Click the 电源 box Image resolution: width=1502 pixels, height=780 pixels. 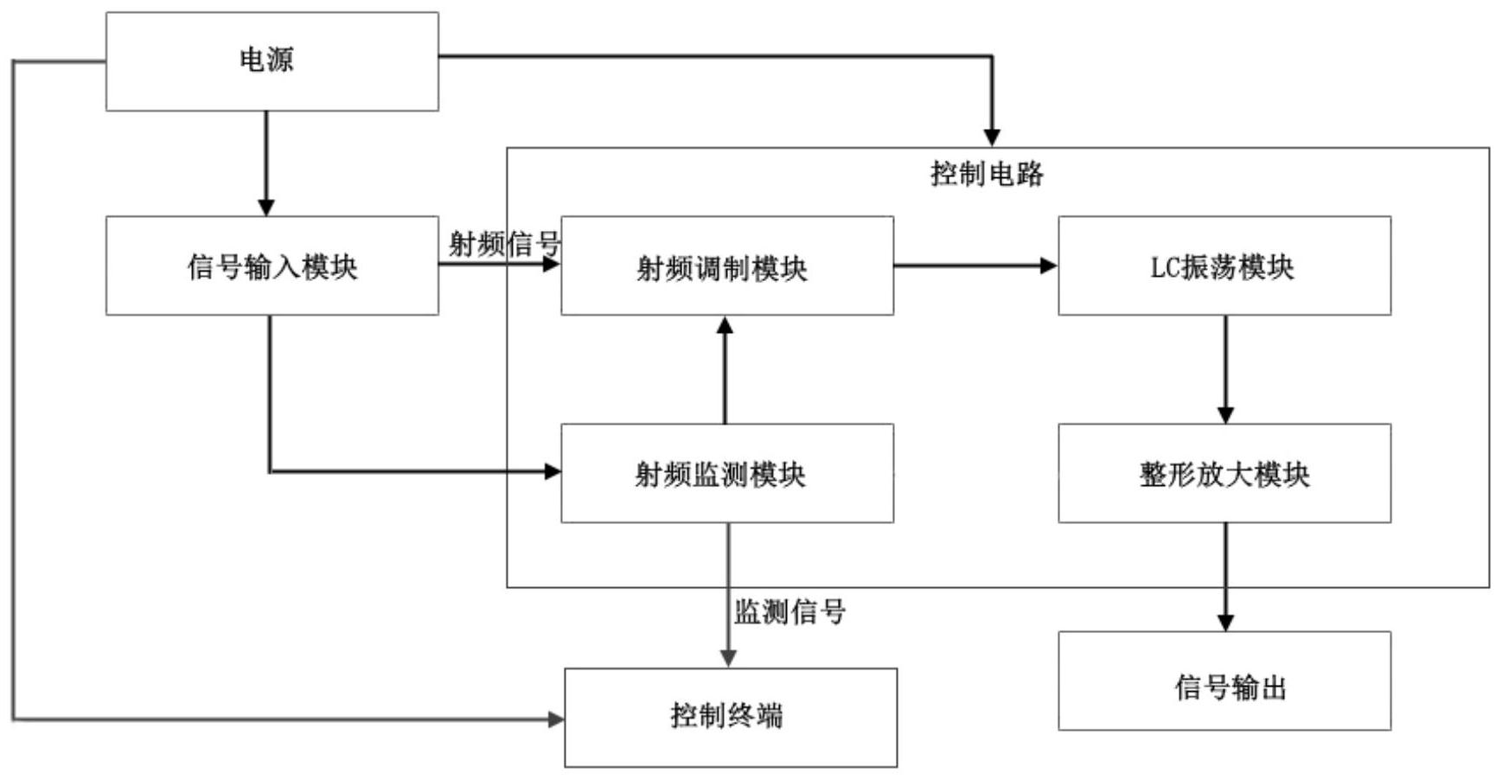272,61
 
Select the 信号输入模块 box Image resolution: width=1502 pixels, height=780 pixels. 272,265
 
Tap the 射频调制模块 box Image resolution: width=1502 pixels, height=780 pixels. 727,265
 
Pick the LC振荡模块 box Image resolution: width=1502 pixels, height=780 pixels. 1224,265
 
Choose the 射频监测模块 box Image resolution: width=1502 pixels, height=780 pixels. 727,473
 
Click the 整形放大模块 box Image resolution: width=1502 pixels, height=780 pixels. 1224,473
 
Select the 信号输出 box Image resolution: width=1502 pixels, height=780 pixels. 1224,681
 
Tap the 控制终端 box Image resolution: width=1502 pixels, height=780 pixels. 731,717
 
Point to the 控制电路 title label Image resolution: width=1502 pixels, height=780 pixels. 987,174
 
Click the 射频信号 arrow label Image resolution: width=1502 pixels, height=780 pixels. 504,244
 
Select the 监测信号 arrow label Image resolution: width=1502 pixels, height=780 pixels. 789,612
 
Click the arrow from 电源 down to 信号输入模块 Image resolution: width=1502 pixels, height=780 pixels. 266,163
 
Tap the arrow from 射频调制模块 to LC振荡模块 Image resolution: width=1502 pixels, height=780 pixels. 976,265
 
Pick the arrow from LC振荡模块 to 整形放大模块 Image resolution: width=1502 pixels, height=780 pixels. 1225,369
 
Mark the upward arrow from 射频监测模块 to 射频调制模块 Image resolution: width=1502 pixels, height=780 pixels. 725,369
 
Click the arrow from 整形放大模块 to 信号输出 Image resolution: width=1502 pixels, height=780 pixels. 1225,577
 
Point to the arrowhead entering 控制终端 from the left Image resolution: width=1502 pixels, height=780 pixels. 556,719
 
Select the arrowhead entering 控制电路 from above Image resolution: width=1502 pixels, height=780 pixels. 992,138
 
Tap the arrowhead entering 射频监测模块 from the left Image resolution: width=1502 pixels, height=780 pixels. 553,471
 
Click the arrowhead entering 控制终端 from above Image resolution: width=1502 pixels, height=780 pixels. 728,659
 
